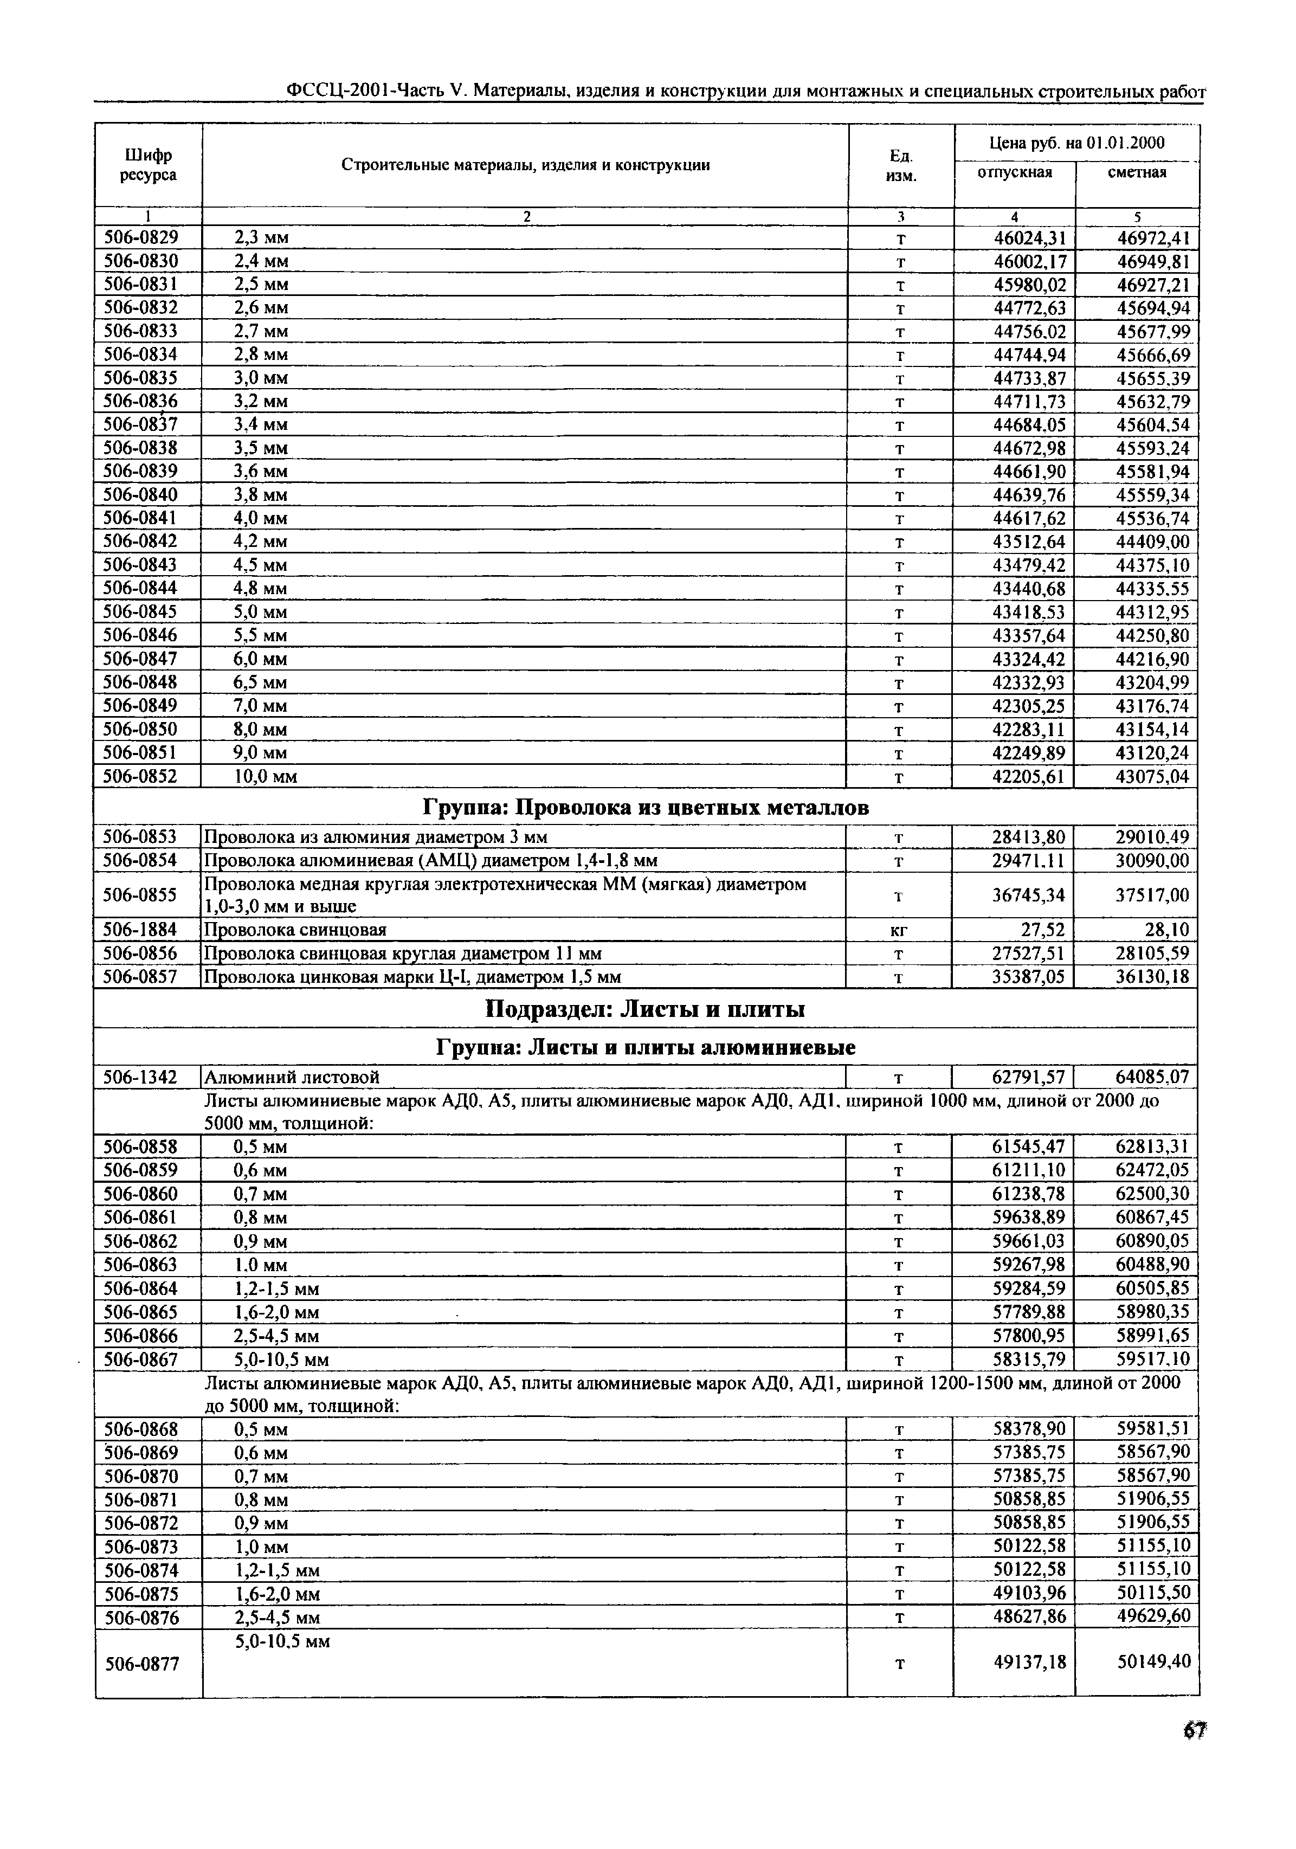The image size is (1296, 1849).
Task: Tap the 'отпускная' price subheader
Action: pos(1014,172)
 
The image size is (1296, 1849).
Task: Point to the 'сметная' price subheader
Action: pos(1137,172)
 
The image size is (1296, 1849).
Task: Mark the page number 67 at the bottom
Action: pos(1194,1730)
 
